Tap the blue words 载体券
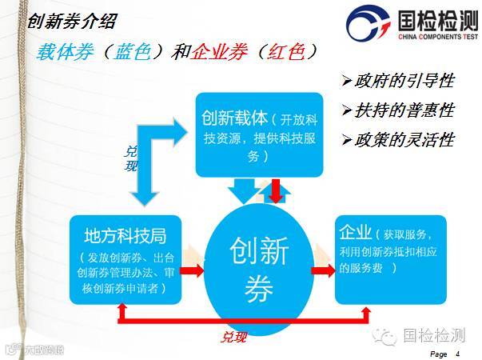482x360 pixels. click(x=64, y=52)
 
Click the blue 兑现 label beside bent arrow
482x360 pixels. click(x=131, y=158)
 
